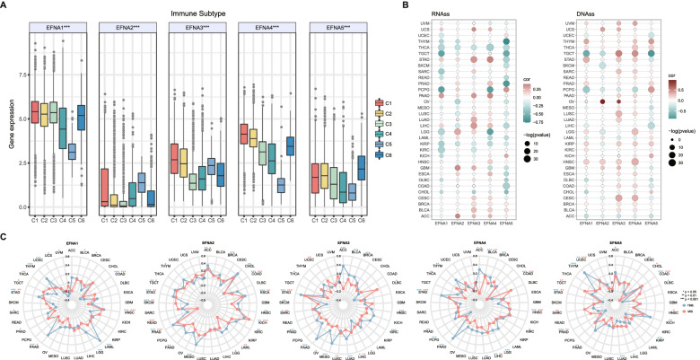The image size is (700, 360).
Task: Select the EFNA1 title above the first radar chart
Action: pos(72,243)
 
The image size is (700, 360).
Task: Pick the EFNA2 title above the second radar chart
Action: pos(210,243)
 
